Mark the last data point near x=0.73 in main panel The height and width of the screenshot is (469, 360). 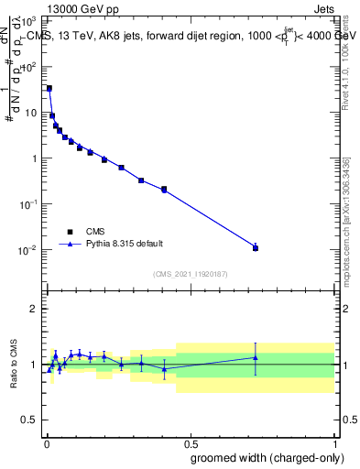pyautogui.click(x=256, y=248)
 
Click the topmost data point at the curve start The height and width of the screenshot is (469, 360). pyautogui.click(x=49, y=88)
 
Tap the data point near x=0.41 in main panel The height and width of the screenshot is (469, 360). pyautogui.click(x=164, y=190)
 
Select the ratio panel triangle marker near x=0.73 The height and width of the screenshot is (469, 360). pyautogui.click(x=256, y=357)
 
